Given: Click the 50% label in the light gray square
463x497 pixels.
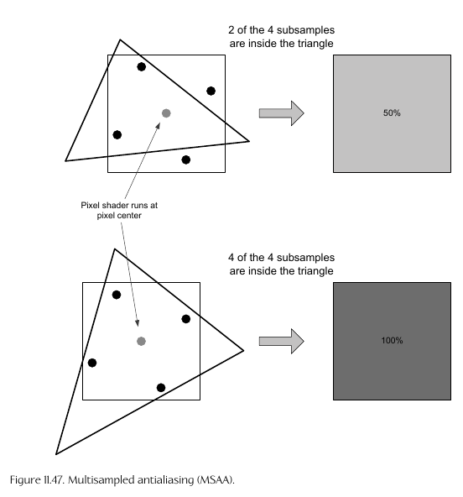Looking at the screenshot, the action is (392, 112).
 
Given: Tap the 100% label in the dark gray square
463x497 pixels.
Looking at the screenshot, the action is (392, 340).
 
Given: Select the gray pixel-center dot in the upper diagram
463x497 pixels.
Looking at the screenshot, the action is (166, 113).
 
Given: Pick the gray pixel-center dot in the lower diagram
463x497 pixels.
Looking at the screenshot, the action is (141, 341).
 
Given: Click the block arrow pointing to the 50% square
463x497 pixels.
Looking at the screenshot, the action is (282, 113).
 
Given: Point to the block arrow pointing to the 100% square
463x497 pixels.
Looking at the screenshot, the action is (282, 341).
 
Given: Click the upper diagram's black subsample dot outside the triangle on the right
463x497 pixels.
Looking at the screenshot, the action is (211, 91).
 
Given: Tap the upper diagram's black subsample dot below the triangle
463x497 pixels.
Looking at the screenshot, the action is (186, 160).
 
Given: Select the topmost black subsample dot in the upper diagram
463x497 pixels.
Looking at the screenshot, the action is (142, 67).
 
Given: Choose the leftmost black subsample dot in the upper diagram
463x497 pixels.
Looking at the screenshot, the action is (117, 134).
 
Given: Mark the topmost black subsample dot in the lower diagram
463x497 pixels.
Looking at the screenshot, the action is (117, 295).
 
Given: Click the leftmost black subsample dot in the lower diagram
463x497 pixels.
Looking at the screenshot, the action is (92, 363).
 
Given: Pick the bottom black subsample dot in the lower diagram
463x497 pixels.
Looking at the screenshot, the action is (161, 387).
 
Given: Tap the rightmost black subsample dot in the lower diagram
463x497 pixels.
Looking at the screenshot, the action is (186, 319).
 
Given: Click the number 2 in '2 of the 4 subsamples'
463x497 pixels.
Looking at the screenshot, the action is (231, 30).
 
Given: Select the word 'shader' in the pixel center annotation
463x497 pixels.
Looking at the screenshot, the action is (113, 206).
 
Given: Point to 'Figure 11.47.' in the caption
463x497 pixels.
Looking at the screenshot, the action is (38, 480).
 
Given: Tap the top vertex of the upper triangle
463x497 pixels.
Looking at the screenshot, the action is (120, 39).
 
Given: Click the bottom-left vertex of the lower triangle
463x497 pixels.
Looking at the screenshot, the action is (56, 454).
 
